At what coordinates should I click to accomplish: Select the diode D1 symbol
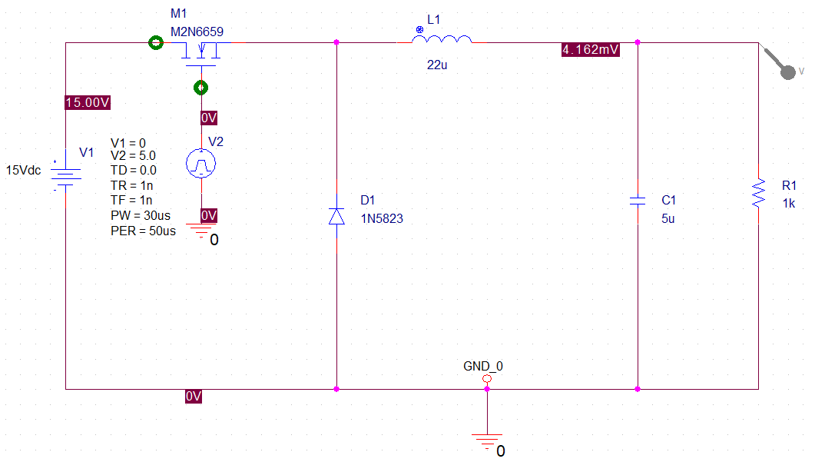coord(336,216)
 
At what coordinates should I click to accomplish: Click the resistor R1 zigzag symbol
coord(759,194)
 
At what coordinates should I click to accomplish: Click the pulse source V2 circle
coord(201,162)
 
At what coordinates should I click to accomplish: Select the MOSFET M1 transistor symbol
coord(201,54)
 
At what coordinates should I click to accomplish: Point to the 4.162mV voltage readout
coord(590,50)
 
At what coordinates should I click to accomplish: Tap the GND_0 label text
coord(483,366)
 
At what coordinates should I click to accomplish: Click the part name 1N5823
coord(382,218)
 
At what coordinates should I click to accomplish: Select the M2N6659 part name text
coord(197,32)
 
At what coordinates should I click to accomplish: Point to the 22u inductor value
coord(437,65)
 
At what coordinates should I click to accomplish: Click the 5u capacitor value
coord(669,218)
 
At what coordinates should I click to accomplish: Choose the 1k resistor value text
coord(789,204)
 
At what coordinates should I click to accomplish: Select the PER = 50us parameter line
coord(143,231)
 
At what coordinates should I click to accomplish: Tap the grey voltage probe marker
coord(787,71)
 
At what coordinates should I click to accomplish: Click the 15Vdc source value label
coord(24,170)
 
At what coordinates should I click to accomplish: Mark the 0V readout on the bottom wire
coord(193,397)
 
